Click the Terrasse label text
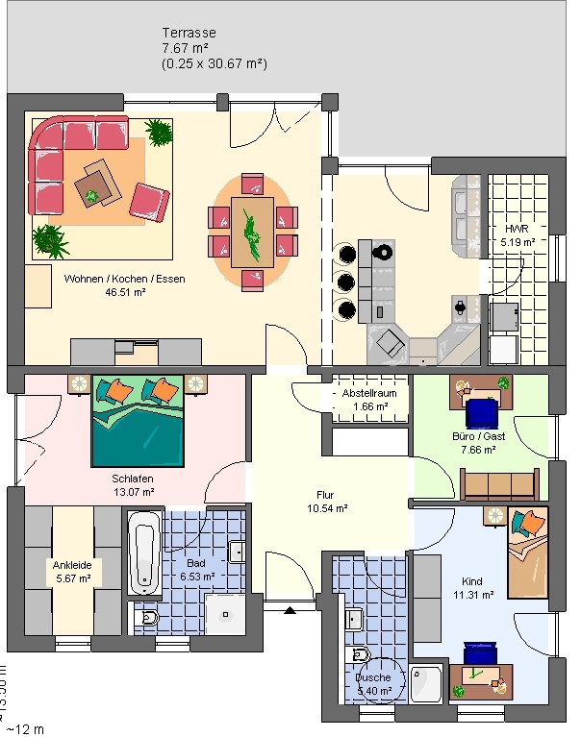189,33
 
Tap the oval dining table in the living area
253,232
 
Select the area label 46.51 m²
125,293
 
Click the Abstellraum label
369,394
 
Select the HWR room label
518,230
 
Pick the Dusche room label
374,676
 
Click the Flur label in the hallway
326,495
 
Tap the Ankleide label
72,565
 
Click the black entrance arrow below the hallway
290,608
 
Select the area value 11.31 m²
471,595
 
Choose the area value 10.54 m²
326,508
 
